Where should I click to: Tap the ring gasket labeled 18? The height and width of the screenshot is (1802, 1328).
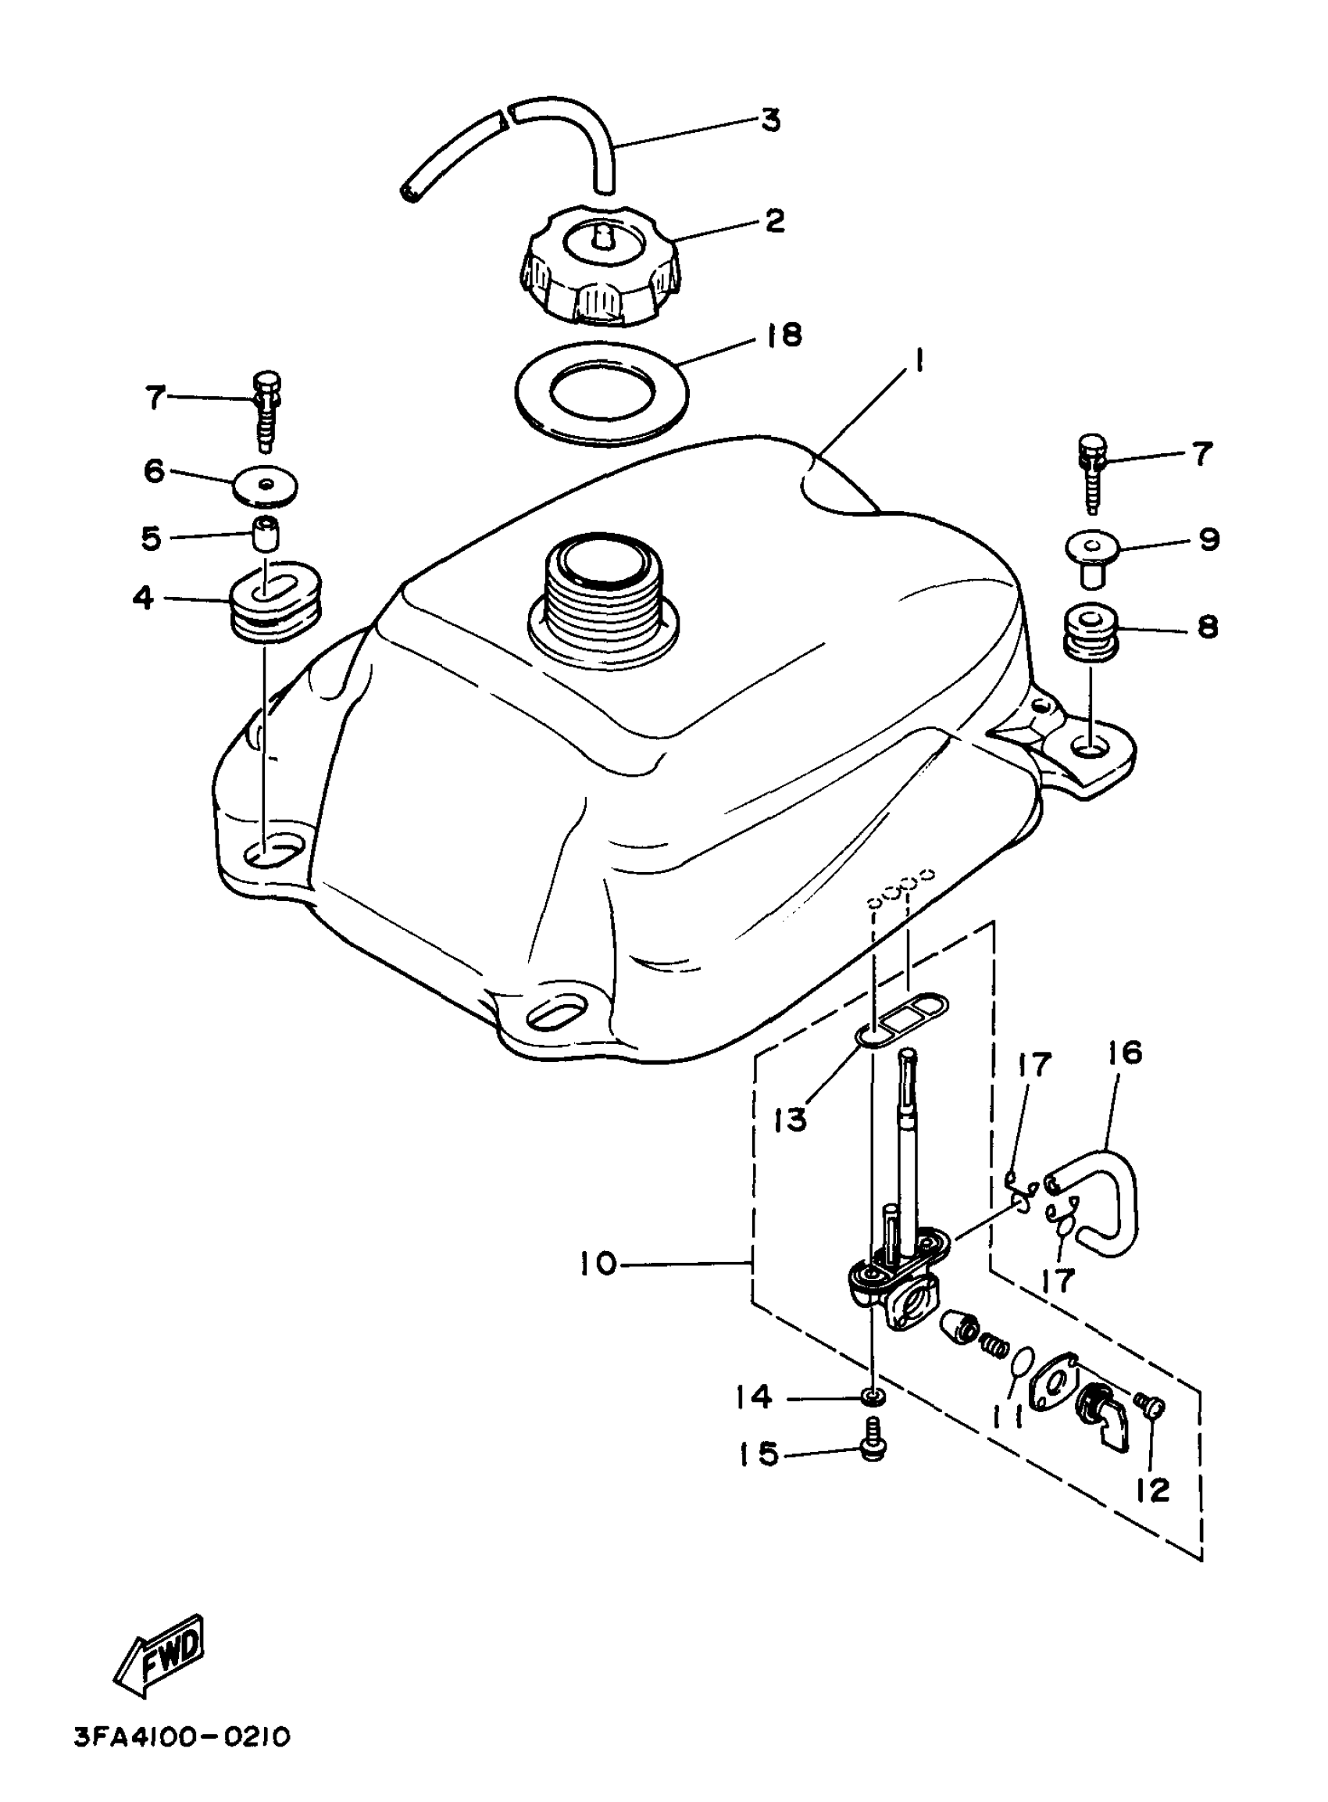602,392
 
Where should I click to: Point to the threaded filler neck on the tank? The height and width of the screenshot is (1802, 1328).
603,591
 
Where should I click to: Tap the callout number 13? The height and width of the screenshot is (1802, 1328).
791,1118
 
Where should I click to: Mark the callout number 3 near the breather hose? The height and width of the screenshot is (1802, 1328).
769,120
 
